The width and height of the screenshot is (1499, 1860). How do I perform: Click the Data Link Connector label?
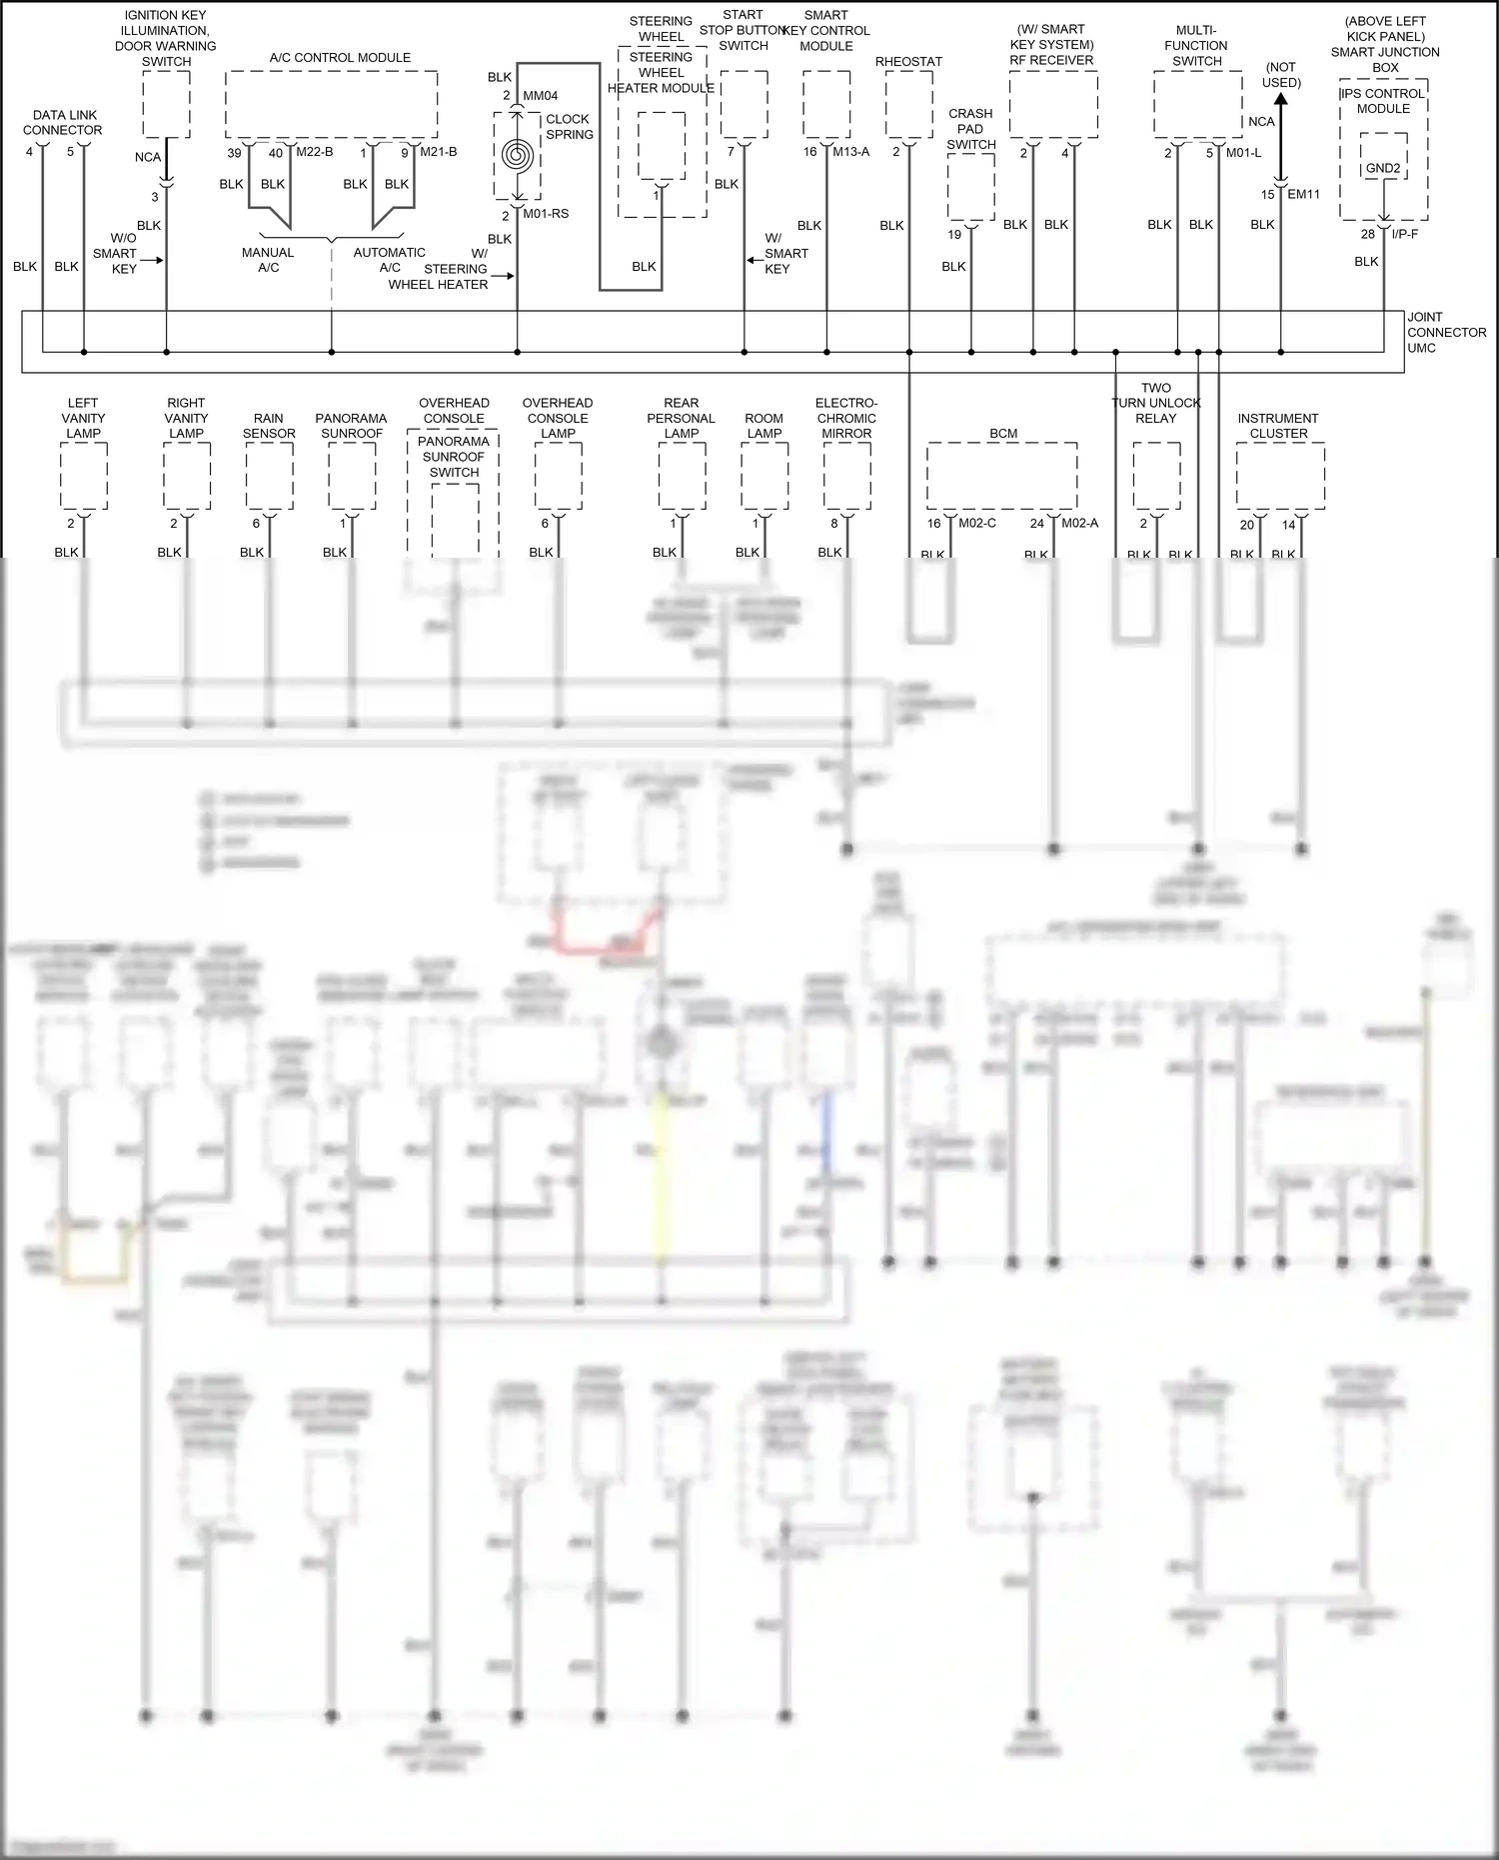tap(62, 123)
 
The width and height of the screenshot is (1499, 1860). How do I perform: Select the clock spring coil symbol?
tap(518, 155)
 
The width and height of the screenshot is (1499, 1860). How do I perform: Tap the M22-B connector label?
tap(315, 152)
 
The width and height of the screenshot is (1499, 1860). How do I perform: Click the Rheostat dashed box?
tap(908, 105)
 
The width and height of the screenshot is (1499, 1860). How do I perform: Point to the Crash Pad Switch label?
tap(970, 129)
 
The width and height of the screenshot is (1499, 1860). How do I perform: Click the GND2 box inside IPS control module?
tap(1383, 169)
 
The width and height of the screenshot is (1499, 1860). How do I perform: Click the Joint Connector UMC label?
tap(1445, 333)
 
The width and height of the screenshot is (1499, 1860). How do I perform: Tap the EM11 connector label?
tap(1303, 194)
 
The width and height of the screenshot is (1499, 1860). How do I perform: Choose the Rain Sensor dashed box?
tap(269, 477)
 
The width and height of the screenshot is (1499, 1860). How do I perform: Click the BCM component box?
tap(1001, 477)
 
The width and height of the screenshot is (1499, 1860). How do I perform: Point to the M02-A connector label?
tap(1079, 523)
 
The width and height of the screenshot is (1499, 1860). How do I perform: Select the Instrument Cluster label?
tap(1278, 426)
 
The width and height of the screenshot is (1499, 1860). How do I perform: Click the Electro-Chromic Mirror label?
tap(846, 419)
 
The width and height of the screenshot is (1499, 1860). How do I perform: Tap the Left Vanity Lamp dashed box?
tap(84, 477)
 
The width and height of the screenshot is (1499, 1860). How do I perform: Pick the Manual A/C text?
tap(268, 260)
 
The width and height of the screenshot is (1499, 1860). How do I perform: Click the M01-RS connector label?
tap(546, 214)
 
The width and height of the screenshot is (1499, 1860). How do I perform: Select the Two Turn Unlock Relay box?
tap(1156, 477)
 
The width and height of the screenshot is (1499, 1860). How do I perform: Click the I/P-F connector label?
tap(1404, 234)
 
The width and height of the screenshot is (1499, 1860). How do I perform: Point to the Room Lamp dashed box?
tap(764, 477)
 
